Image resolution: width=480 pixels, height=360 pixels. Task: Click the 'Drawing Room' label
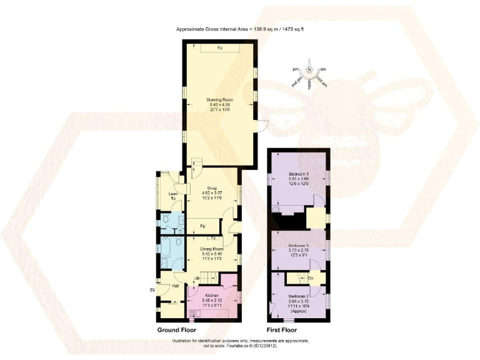coord(219,99)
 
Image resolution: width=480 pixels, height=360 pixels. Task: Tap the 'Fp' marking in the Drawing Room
coord(219,48)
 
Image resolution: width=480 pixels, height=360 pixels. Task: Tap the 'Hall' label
coord(176,286)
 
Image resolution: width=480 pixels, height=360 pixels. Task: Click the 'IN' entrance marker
coord(151,290)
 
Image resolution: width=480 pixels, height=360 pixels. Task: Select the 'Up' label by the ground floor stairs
coord(197,278)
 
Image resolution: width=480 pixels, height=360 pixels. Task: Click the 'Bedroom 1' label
coord(298,174)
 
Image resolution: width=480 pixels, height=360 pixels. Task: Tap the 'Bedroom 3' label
coord(298,246)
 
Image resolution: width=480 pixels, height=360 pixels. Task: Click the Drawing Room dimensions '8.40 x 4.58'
coord(219,105)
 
